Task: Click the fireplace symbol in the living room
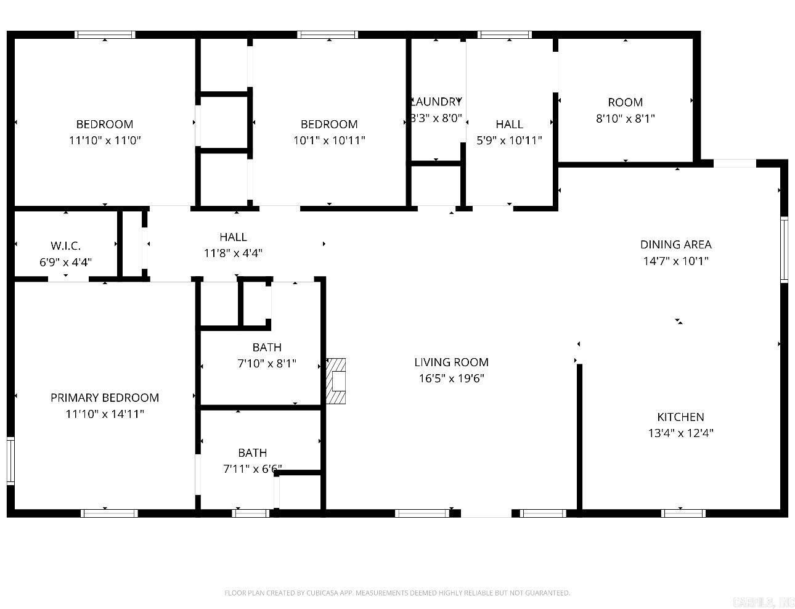pyautogui.click(x=336, y=381)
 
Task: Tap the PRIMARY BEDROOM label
pyautogui.click(x=105, y=398)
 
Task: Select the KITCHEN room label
pyautogui.click(x=680, y=417)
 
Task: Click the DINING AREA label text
pyautogui.click(x=675, y=244)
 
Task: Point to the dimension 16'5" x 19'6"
pyautogui.click(x=451, y=378)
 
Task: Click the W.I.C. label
pyautogui.click(x=65, y=246)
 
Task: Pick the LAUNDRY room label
pyautogui.click(x=436, y=102)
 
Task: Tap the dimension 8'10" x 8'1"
pyautogui.click(x=625, y=118)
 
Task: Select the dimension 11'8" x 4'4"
pyautogui.click(x=233, y=253)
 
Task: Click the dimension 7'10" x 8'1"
pyautogui.click(x=267, y=364)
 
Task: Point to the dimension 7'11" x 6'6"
pyautogui.click(x=252, y=469)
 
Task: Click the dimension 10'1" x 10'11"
pyautogui.click(x=329, y=140)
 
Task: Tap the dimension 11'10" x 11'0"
pyautogui.click(x=105, y=140)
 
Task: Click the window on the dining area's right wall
pyautogui.click(x=785, y=249)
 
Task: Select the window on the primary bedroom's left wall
pyautogui.click(x=10, y=460)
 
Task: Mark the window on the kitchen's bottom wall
pyautogui.click(x=683, y=513)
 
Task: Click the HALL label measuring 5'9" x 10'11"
pyautogui.click(x=509, y=124)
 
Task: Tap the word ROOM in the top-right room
pyautogui.click(x=625, y=102)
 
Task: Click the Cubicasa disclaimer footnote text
pyautogui.click(x=397, y=593)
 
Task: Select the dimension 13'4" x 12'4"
pyautogui.click(x=680, y=433)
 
